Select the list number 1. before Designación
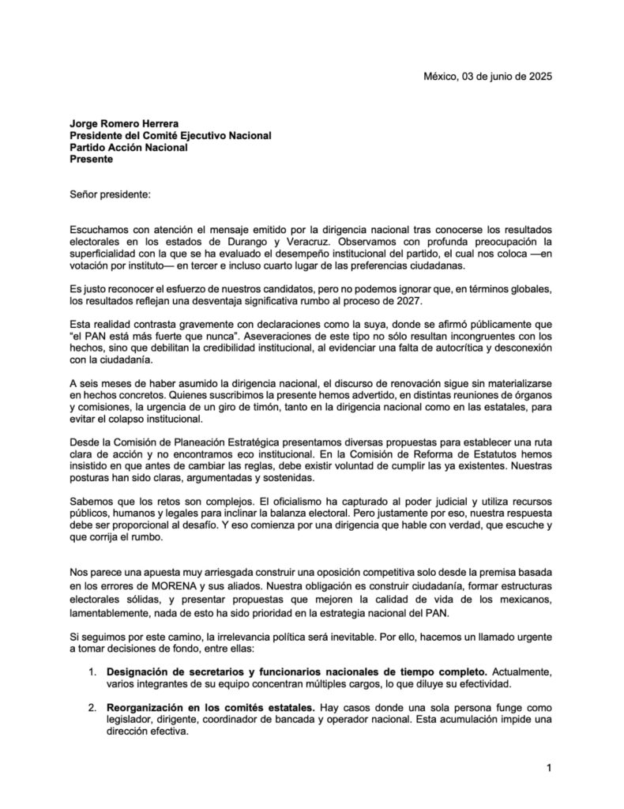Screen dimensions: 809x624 (x=92, y=672)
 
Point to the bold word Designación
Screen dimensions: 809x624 (x=142, y=672)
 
